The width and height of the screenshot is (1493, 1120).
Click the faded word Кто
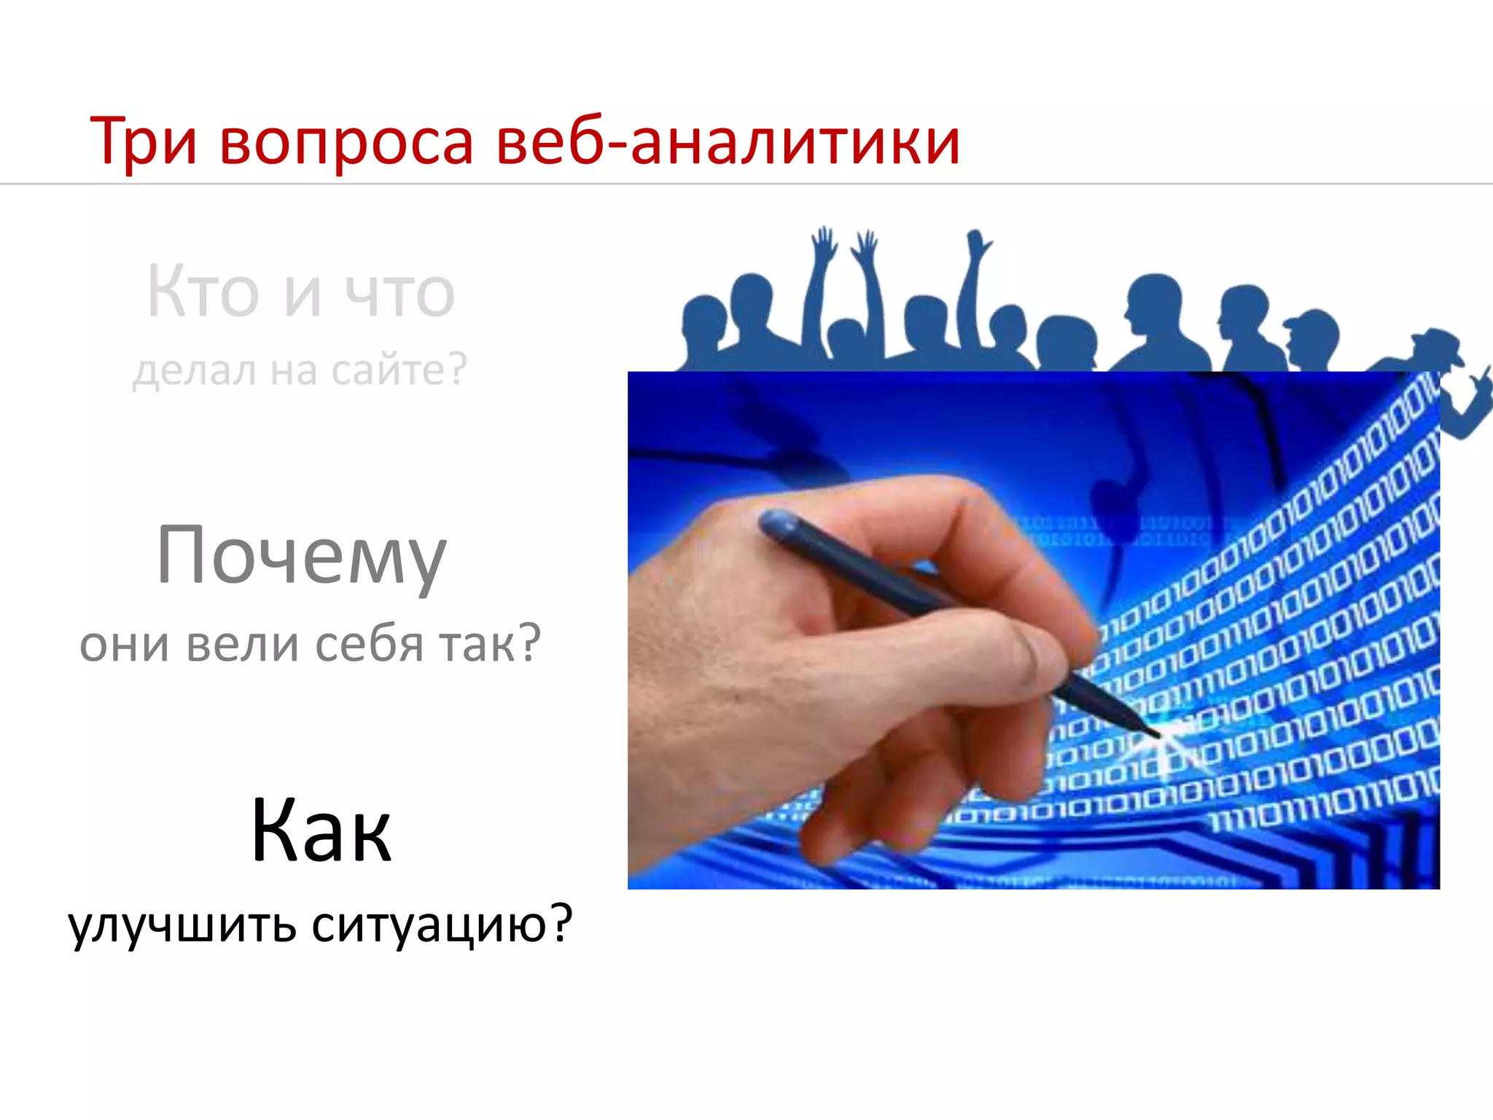click(203, 292)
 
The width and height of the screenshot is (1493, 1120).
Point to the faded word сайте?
click(398, 370)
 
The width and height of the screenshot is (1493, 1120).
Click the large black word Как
click(321, 831)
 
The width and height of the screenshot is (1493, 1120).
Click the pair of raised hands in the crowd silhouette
click(846, 248)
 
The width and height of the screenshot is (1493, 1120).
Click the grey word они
click(125, 645)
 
